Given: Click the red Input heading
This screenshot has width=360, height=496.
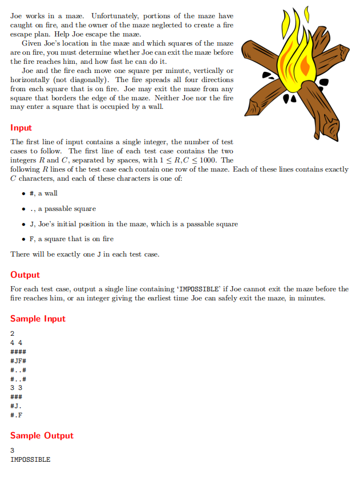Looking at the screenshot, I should (x=21, y=128).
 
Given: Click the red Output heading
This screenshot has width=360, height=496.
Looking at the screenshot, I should (x=25, y=275).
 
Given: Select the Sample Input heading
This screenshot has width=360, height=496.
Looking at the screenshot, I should (x=38, y=319).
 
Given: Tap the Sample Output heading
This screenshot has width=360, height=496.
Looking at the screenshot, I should (x=42, y=436).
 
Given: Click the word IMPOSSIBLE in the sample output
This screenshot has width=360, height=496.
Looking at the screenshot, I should (x=30, y=459).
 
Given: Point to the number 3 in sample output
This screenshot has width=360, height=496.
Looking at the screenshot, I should (x=13, y=450).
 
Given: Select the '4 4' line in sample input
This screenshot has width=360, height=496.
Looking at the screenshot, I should (x=16, y=343).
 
